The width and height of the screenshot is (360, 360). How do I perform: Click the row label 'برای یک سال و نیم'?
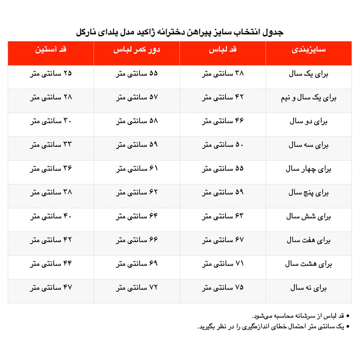click(x=308, y=98)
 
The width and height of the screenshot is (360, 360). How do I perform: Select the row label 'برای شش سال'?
click(x=308, y=216)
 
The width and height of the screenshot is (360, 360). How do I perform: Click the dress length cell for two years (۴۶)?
click(x=223, y=121)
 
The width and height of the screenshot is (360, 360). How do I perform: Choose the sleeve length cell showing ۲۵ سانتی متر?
click(x=51, y=74)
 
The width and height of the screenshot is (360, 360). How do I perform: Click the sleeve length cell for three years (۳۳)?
click(x=51, y=145)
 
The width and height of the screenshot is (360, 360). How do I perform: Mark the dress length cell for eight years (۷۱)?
click(x=223, y=264)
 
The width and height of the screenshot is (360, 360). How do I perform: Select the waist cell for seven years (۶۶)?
click(x=137, y=240)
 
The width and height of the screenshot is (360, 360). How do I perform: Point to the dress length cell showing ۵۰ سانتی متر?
click(x=223, y=145)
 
